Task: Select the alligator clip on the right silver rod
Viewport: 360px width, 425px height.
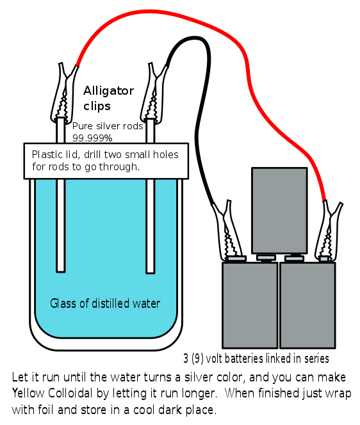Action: coord(153,93)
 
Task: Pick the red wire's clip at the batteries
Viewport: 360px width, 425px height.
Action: coord(329,231)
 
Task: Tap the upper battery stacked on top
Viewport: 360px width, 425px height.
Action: coord(279,211)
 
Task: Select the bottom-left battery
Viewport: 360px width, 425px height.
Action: coord(250,305)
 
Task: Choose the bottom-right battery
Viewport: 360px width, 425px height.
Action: coord(307,305)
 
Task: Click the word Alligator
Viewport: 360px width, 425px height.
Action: coord(108,91)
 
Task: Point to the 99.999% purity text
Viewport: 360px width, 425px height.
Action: coord(92,138)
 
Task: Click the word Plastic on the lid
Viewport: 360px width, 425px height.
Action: coord(47,154)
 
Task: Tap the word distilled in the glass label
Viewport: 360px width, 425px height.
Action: coord(110,303)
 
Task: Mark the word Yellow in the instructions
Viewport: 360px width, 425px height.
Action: coord(28,393)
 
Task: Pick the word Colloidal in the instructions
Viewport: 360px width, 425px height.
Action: coord(70,393)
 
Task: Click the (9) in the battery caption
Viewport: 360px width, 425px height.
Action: coord(197,358)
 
